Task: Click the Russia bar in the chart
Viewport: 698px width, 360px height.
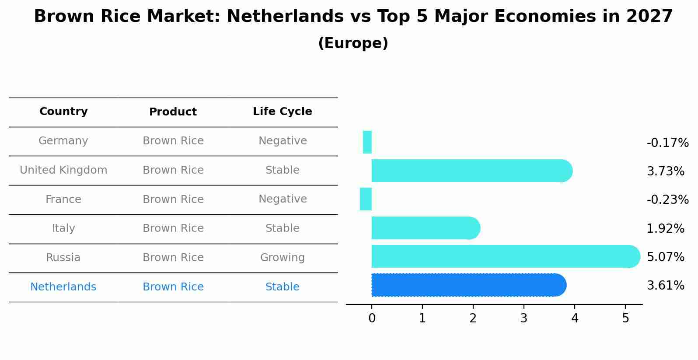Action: (x=503, y=256)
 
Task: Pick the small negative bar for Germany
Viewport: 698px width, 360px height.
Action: (x=367, y=142)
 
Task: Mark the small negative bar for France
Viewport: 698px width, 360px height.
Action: (x=366, y=199)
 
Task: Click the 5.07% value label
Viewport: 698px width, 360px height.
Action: (x=665, y=257)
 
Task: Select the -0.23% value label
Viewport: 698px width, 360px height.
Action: (x=667, y=200)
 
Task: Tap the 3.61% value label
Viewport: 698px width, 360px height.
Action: (x=665, y=286)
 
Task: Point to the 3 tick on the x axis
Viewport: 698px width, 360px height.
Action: (x=524, y=318)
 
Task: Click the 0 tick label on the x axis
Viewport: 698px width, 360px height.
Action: (x=372, y=318)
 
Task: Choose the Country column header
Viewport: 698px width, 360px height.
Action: (x=63, y=112)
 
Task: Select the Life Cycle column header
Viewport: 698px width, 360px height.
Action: (x=283, y=112)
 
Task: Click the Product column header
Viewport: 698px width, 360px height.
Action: (x=173, y=112)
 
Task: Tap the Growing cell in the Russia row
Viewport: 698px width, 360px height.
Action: (x=283, y=258)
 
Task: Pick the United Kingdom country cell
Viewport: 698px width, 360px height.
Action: (x=63, y=170)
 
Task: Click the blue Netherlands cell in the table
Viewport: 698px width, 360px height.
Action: (x=63, y=287)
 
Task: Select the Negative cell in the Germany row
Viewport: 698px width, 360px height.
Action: (x=283, y=141)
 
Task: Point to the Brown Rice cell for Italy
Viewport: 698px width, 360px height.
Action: (x=173, y=228)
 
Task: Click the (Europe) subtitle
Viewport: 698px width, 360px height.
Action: (x=353, y=43)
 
